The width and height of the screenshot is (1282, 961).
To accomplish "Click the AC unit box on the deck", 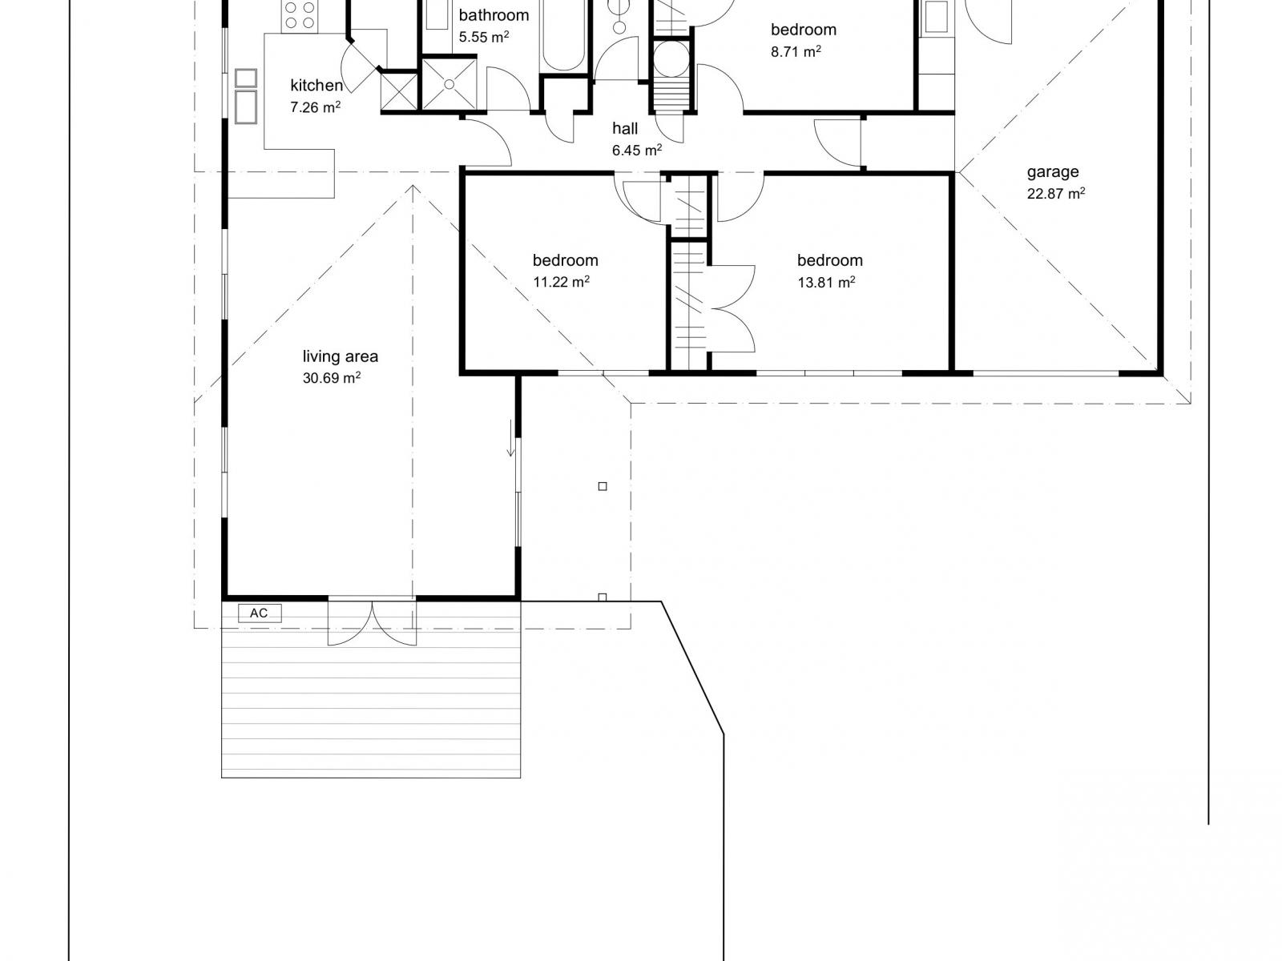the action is coord(260,613).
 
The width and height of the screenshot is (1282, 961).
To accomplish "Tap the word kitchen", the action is coord(316,85).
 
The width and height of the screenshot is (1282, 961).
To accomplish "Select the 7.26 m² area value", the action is coord(316,107).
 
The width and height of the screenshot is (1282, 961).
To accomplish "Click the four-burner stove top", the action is coord(300,16).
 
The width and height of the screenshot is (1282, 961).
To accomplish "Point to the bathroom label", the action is coord(494,15).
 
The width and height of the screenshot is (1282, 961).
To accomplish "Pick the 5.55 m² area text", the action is coord(484,37).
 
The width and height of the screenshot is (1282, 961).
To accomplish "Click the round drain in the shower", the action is coord(450,85).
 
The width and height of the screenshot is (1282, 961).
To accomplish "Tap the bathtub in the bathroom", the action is coord(563,35).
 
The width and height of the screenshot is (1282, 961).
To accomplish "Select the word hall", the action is coord(625,128).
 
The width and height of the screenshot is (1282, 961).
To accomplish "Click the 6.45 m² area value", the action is coord(637,150).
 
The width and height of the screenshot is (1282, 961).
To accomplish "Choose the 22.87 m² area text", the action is coord(1056,193).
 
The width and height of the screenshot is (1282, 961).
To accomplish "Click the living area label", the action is coord(340,356).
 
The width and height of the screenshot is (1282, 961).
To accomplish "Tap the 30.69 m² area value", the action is coord(331,377).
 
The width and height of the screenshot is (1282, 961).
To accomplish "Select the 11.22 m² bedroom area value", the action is coord(562,282).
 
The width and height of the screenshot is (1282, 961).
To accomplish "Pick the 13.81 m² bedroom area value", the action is coord(826,283).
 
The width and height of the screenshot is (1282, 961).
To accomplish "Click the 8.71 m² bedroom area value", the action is coord(796,52).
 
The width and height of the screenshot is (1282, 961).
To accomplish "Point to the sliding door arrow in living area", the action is coord(511,437).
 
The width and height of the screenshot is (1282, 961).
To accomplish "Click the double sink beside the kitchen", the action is coord(246,96).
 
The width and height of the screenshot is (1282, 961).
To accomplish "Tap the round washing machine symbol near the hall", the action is coord(671,58).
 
